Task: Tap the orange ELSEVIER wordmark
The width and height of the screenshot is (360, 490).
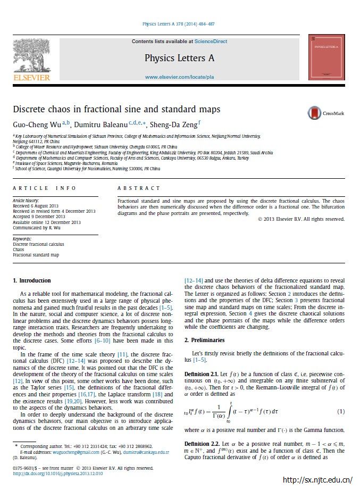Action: point(31,78)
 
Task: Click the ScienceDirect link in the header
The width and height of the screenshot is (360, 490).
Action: point(211,41)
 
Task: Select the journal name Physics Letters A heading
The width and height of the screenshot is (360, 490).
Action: point(179,58)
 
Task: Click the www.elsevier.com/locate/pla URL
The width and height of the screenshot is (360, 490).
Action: point(179,77)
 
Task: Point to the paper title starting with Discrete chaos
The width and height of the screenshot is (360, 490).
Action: point(116,110)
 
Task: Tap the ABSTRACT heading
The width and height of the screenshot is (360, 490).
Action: point(138,188)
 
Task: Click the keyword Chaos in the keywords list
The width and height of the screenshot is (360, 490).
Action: point(19,249)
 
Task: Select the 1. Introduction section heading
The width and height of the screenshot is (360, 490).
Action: point(32,280)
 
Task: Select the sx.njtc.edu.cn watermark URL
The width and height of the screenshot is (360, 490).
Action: point(321,480)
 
